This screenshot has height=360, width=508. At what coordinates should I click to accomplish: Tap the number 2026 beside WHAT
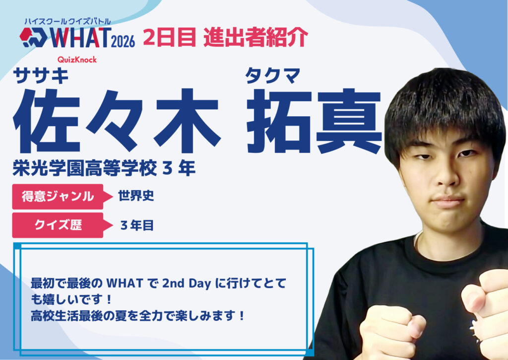(x=123, y=42)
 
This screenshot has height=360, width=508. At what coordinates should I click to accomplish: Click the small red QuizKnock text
(x=77, y=60)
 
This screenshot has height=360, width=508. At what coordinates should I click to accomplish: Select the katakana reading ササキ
(x=41, y=75)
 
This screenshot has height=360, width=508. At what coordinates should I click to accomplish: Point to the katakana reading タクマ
(x=273, y=75)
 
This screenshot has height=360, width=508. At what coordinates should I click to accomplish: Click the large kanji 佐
(x=46, y=121)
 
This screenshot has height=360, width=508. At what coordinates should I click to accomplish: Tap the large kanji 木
(x=188, y=121)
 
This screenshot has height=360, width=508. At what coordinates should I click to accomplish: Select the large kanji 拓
(x=280, y=121)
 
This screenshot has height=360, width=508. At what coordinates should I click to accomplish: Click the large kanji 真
(x=349, y=121)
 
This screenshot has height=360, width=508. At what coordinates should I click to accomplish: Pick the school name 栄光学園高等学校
(x=84, y=168)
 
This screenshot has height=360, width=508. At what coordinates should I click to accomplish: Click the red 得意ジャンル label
(x=58, y=197)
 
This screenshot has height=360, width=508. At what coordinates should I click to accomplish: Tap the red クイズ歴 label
(x=58, y=225)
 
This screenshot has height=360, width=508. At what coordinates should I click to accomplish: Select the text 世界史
(x=136, y=196)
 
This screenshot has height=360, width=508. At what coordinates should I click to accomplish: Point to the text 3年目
(x=137, y=225)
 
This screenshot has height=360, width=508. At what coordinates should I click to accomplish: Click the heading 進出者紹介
(x=256, y=37)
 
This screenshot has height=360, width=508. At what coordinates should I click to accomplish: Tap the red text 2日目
(x=170, y=37)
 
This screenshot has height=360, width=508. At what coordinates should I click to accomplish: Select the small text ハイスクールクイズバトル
(x=67, y=22)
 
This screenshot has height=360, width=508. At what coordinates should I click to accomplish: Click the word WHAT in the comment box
(x=125, y=284)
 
